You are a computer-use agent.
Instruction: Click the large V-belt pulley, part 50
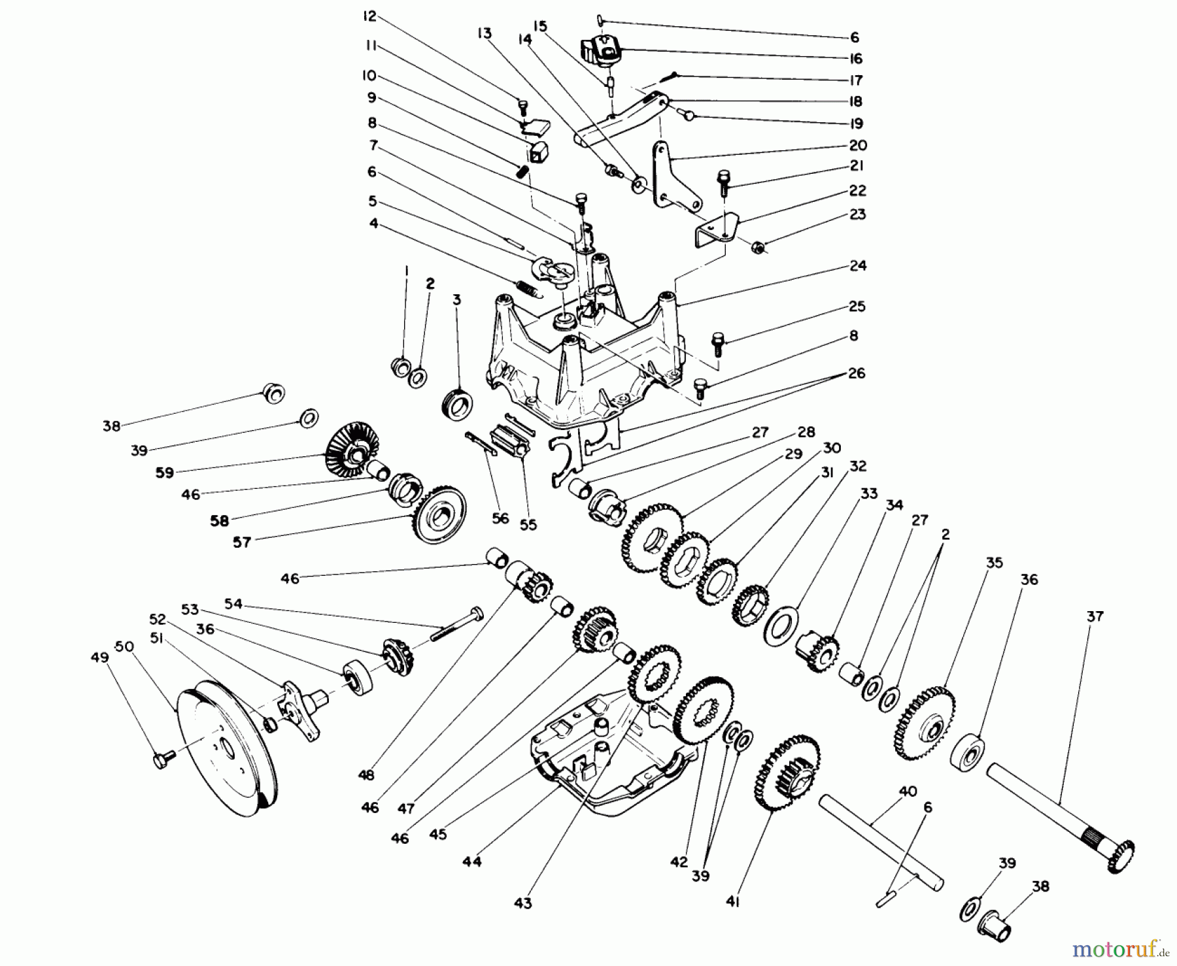(226, 745)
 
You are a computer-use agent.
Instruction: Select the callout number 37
(1095, 616)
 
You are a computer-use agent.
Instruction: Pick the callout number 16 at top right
(856, 58)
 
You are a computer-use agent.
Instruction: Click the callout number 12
(369, 16)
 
